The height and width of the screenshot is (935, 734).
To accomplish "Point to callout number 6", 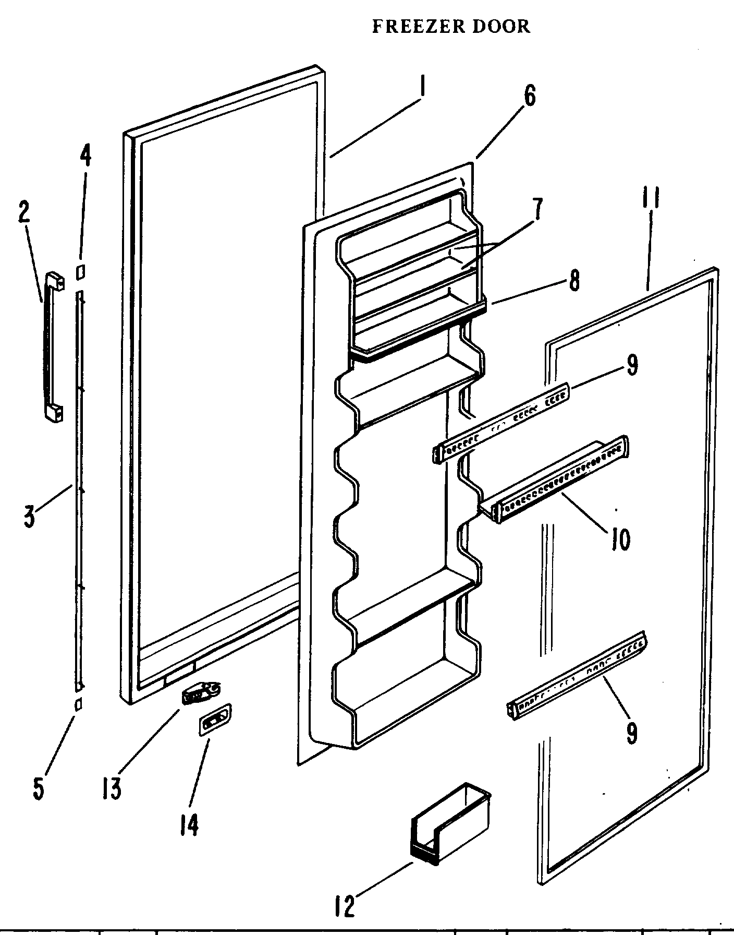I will (x=529, y=97).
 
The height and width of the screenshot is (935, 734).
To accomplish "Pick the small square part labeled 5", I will (x=78, y=704).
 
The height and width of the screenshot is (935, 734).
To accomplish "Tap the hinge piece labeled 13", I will (x=201, y=693).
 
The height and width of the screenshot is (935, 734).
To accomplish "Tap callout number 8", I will (x=573, y=281).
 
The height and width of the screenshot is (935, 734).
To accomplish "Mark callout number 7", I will (x=537, y=209).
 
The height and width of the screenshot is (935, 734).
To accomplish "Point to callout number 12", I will (x=345, y=906).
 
